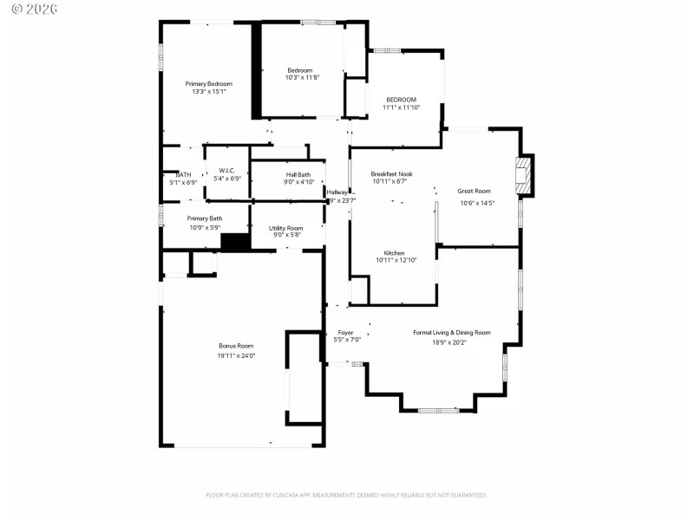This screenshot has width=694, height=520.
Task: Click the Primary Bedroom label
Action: click(x=208, y=83)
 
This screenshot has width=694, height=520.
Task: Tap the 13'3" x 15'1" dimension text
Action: click(x=208, y=91)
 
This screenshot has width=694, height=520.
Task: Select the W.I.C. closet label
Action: click(x=227, y=171)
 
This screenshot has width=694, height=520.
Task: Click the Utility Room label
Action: click(x=285, y=227)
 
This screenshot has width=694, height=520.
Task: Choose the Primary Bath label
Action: click(x=205, y=218)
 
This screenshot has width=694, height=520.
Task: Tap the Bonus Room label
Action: click(x=236, y=346)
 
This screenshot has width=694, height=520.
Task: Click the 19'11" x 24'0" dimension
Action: click(x=236, y=354)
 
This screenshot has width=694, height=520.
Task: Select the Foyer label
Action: click(x=345, y=332)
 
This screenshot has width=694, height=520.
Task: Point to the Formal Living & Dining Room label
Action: click(x=451, y=332)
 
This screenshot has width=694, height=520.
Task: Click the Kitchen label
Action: click(x=395, y=253)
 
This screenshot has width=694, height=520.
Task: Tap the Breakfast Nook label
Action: click(x=391, y=174)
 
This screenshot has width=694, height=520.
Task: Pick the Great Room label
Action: click(x=475, y=191)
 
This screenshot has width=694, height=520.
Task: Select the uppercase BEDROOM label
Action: click(x=401, y=100)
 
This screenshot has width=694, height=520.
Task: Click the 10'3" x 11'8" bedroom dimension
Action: click(x=302, y=78)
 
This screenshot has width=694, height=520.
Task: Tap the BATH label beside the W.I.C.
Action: click(x=183, y=174)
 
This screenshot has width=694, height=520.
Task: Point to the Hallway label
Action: click(x=337, y=192)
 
